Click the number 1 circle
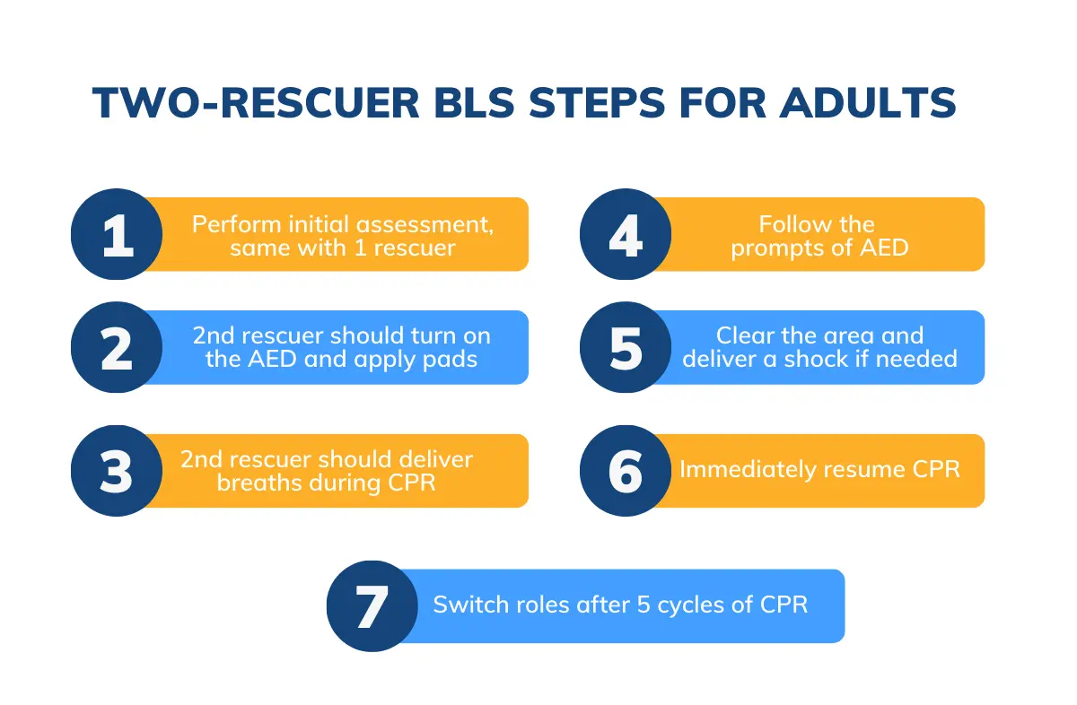point(117,234)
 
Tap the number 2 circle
point(117,347)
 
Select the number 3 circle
point(117,471)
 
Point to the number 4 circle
point(625,234)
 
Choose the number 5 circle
point(625,347)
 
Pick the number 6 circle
point(625,471)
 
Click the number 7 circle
point(372,606)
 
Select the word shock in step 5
point(830,360)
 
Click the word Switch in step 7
point(467,605)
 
